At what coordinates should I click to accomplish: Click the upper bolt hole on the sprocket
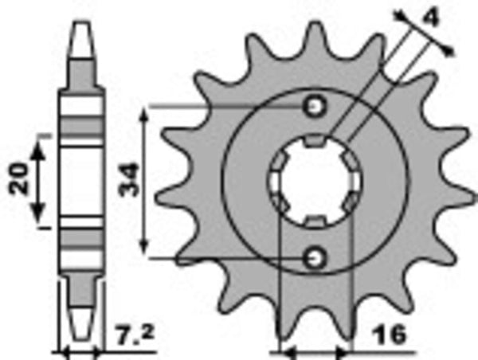315,107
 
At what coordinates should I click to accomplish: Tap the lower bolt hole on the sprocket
315,256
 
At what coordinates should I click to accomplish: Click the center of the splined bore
315,182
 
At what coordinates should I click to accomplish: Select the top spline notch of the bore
315,143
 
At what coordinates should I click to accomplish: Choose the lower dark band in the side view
83,237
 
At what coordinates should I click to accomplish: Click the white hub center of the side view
83,182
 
